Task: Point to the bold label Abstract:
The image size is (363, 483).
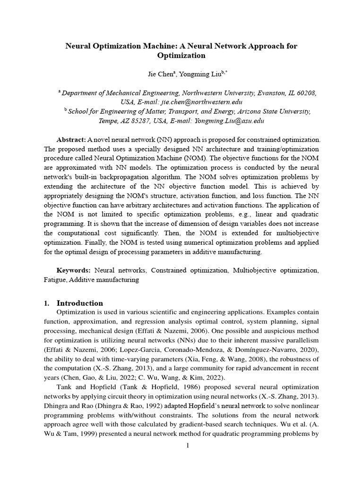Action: (x=71, y=140)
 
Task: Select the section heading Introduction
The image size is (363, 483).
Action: (x=79, y=303)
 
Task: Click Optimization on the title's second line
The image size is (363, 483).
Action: (x=181, y=56)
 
